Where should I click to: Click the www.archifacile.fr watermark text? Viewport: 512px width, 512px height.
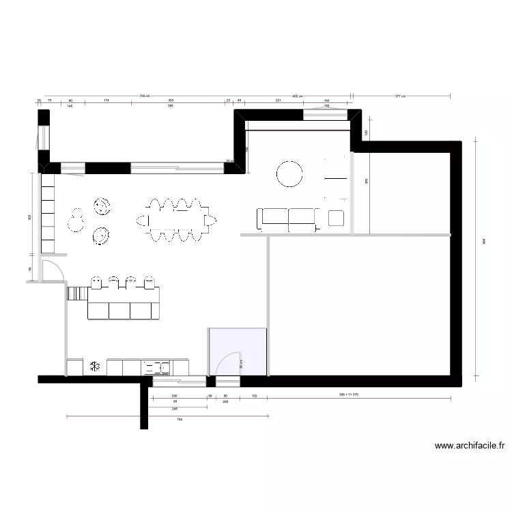click(470, 446)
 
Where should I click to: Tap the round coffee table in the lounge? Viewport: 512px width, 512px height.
click(289, 173)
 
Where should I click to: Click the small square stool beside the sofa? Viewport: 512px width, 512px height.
click(336, 218)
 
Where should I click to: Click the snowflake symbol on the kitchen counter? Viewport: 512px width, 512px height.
click(94, 367)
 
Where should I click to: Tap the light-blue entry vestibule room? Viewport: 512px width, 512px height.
click(237, 352)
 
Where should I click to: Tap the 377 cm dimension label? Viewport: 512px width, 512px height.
click(400, 96)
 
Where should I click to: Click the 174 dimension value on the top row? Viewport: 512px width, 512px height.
click(106, 101)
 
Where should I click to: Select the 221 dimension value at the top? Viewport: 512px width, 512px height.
click(278, 101)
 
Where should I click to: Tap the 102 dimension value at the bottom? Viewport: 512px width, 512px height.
click(254, 396)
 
